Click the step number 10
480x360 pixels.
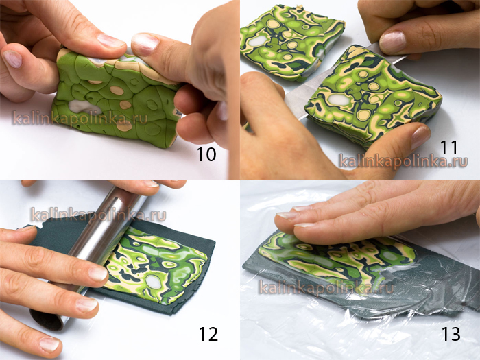click(x=206, y=154)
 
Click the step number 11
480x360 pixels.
click(x=448, y=147)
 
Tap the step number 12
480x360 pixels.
click(x=208, y=334)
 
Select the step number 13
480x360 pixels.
click(x=451, y=334)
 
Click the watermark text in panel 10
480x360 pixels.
click(x=80, y=119)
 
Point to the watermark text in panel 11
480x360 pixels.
click(x=403, y=161)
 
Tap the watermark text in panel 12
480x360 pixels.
click(x=98, y=215)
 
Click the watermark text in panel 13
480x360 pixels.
click(x=326, y=288)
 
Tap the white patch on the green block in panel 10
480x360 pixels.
click(x=84, y=107)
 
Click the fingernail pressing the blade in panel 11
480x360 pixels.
click(x=392, y=42)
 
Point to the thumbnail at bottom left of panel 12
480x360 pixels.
click(x=49, y=345)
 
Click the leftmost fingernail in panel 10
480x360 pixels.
click(x=12, y=59)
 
